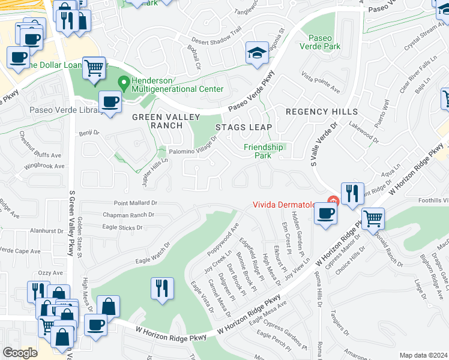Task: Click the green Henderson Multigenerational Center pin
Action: pyautogui.click(x=124, y=82)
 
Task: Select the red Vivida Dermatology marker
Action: pyautogui.click(x=330, y=200)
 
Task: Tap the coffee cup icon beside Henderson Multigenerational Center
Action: pyautogui.click(x=109, y=101)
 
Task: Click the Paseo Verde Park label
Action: pyautogui.click(x=324, y=42)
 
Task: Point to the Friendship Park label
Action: pyautogui.click(x=263, y=151)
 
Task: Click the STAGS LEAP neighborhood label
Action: pyautogui.click(x=244, y=127)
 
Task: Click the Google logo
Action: pyautogui.click(x=20, y=353)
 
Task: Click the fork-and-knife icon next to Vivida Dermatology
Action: pyautogui.click(x=352, y=193)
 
